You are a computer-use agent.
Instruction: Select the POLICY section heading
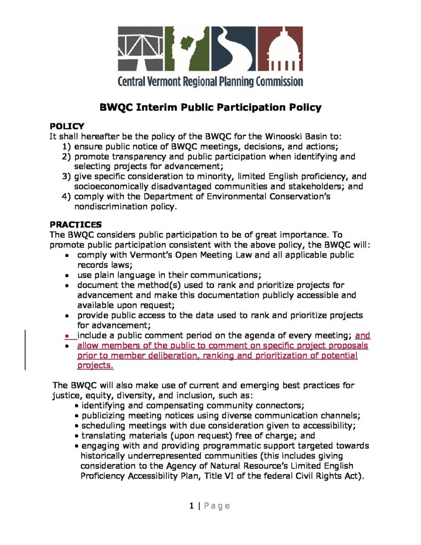click(67, 127)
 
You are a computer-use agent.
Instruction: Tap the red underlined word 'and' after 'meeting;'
click(362, 336)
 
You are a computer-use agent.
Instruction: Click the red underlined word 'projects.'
click(95, 366)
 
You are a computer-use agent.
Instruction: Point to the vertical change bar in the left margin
click(26, 350)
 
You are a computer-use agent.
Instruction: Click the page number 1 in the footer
click(191, 506)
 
